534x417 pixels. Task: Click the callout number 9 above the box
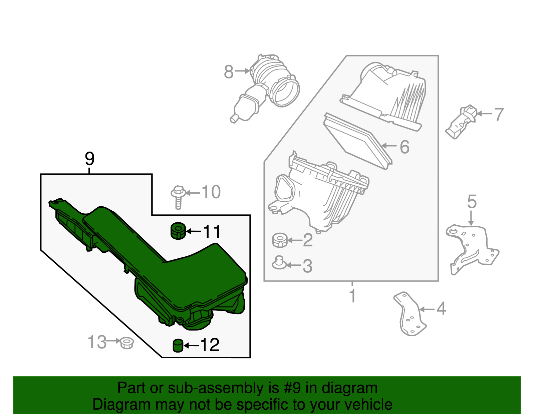point(89,159)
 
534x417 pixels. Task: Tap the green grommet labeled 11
point(178,231)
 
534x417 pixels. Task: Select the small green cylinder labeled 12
point(178,345)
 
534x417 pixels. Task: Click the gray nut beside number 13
point(127,343)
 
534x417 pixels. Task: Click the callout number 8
point(229,71)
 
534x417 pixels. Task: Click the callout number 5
point(472,202)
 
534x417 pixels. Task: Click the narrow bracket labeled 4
point(410,314)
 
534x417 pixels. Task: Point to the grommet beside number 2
point(280,240)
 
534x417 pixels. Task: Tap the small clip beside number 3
point(279,263)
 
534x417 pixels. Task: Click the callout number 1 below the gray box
point(352,296)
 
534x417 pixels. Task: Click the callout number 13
point(97,342)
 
